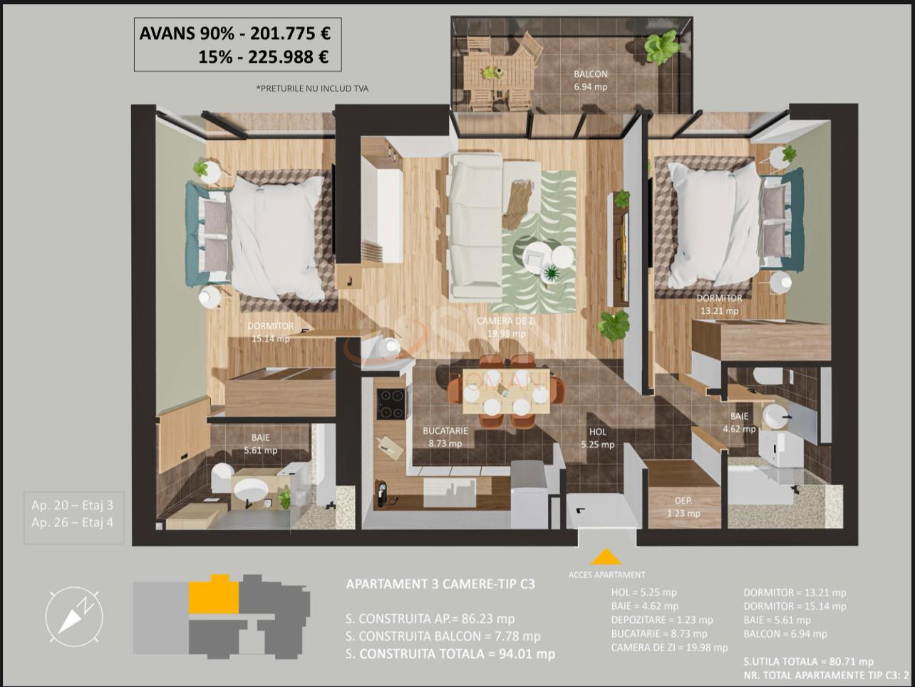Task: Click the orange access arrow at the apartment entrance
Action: (x=605, y=557)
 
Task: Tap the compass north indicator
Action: (x=74, y=615)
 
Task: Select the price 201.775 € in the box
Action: (x=290, y=33)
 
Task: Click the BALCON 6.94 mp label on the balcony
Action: (x=591, y=80)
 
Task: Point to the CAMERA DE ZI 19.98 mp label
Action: (x=506, y=327)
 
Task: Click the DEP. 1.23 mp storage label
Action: (x=683, y=507)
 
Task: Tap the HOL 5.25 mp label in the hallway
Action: (x=597, y=438)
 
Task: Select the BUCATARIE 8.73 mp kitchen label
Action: (x=445, y=437)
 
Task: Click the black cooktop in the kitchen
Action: (x=390, y=404)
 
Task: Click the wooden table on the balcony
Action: (x=498, y=72)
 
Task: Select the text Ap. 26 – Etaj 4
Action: (x=72, y=522)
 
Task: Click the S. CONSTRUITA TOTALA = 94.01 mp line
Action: (x=450, y=653)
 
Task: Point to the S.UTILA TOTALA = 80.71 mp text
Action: (x=808, y=661)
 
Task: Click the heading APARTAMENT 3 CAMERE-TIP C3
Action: (x=440, y=584)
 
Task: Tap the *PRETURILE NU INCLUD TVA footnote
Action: (x=312, y=88)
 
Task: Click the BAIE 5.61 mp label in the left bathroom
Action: (x=260, y=444)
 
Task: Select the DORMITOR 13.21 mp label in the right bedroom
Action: (x=719, y=304)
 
